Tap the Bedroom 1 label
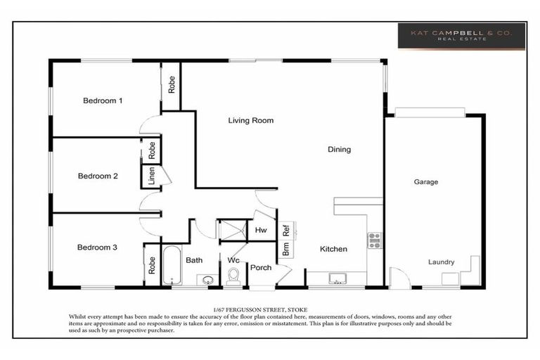[x=103, y=101]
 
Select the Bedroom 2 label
[x=98, y=176]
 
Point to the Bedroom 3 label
[x=97, y=247]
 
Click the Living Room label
[x=250, y=120]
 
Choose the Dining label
[x=339, y=149]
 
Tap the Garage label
[x=425, y=181]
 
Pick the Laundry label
[x=442, y=262]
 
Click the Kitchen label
[x=334, y=250]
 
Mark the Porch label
[x=261, y=267]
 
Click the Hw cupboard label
[x=260, y=230]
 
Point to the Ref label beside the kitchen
[x=286, y=229]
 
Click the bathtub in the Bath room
[x=172, y=266]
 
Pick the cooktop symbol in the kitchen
[x=374, y=240]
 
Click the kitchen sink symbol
[x=337, y=278]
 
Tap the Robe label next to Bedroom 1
[x=172, y=85]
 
